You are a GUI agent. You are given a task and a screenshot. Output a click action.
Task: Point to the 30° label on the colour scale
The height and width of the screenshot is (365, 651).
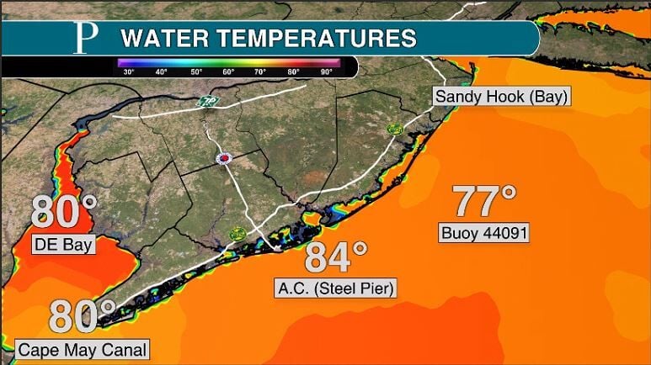(129, 72)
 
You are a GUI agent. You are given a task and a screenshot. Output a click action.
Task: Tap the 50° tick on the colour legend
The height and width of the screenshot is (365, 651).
(196, 72)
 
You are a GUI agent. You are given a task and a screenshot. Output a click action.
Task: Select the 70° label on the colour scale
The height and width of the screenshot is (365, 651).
(261, 72)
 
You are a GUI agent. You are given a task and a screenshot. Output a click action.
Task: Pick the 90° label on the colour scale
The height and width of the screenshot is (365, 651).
(327, 72)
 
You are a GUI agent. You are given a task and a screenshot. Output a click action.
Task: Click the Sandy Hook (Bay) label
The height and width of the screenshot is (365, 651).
(502, 97)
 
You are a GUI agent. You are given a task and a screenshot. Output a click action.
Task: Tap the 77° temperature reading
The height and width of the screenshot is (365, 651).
(483, 202)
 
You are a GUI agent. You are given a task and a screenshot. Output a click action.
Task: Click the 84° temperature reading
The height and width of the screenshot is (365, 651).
(336, 257)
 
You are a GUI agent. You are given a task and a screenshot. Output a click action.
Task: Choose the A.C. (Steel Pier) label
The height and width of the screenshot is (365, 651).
(337, 289)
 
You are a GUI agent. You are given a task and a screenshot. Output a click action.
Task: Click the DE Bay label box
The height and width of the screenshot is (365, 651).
(63, 245)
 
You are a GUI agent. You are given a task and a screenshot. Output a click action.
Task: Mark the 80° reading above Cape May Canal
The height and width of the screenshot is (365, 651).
(81, 315)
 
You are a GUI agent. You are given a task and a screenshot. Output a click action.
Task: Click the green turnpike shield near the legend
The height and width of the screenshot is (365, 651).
(206, 102)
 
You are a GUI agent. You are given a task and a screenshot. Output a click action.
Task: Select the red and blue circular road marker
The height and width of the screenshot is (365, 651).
(225, 157)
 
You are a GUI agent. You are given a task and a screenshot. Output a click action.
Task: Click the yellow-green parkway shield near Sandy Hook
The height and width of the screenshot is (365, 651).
(394, 129)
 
